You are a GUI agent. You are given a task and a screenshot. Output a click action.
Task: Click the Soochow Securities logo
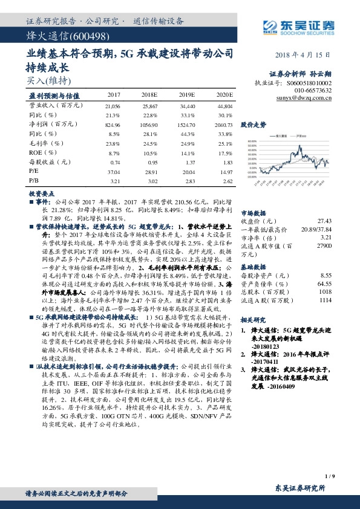(x=300, y=26)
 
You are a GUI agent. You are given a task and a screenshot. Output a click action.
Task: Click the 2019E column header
(x=188, y=96)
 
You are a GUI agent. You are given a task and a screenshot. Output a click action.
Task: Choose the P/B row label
(x=34, y=181)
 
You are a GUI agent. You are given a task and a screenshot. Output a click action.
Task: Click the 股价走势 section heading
(x=254, y=125)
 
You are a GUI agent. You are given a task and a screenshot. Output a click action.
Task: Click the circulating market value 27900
(x=324, y=247)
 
